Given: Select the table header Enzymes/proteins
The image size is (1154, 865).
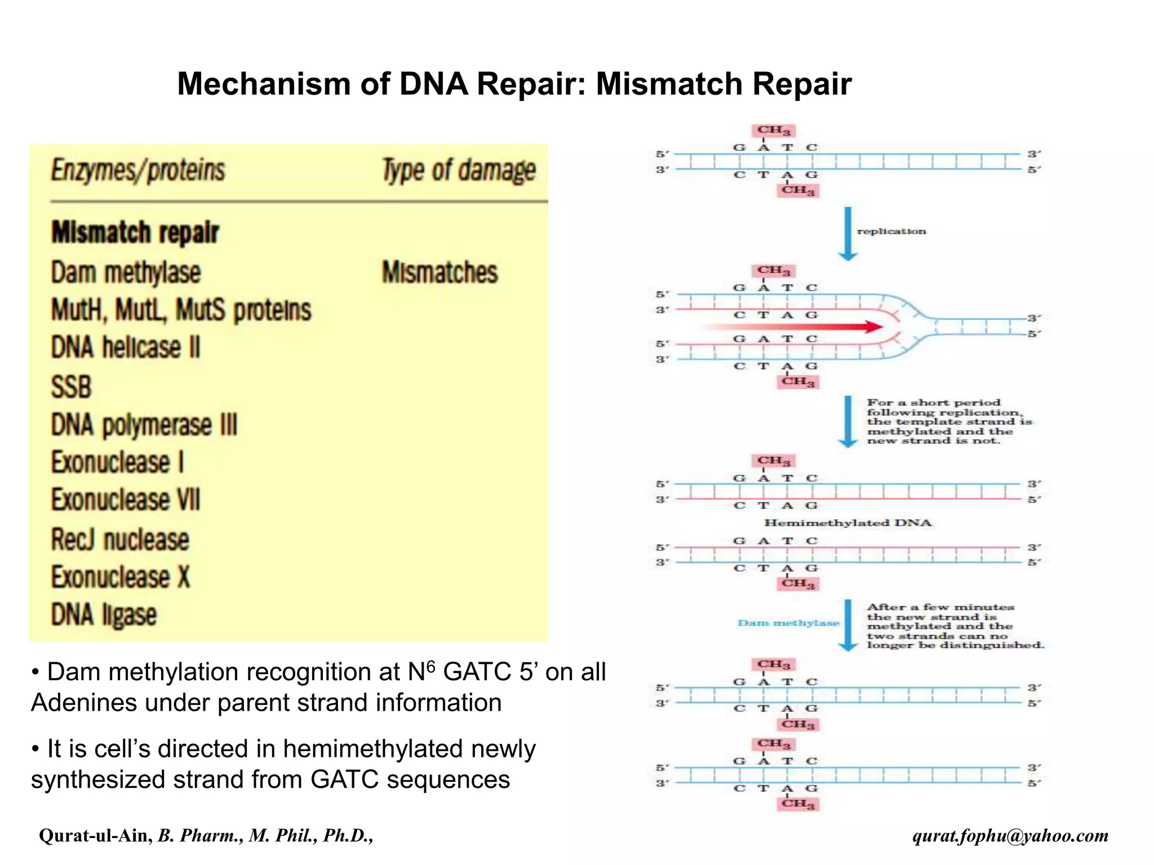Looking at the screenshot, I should pos(138,171).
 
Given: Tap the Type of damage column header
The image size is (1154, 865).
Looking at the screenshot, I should pos(459,171).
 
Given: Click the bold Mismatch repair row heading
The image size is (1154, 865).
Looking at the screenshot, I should pos(135,232).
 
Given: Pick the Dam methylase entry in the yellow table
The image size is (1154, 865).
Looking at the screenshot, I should pos(126,273).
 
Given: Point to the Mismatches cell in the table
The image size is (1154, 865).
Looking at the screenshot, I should pos(440,273).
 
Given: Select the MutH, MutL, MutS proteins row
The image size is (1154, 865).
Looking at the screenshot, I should pos(181,310).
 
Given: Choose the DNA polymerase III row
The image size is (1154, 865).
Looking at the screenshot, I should pos(144,425).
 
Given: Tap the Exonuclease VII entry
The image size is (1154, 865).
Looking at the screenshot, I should pos(126,500).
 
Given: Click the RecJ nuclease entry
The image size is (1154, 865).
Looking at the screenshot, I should pos(120,539).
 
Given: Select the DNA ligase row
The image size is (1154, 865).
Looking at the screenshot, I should pos(104,614).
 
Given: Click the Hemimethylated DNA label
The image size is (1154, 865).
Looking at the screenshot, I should pos(847,523).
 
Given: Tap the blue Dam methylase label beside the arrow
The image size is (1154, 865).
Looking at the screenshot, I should pos(788,623).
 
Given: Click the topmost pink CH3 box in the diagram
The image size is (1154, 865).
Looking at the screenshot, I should pos(773,131).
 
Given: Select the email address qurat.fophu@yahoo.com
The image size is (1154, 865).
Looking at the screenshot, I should pos(1010,836).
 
